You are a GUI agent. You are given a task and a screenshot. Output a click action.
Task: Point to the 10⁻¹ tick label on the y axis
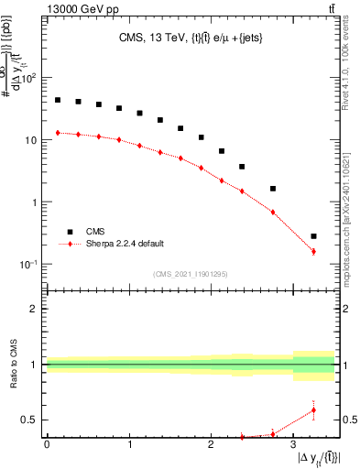(x=30, y=265)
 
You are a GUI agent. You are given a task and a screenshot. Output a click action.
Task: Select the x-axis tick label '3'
(x=294, y=444)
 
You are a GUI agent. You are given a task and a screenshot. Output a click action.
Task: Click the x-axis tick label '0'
(x=47, y=444)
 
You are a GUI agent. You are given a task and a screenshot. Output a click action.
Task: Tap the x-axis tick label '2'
(x=212, y=444)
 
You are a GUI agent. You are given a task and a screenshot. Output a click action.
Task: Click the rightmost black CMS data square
(x=313, y=236)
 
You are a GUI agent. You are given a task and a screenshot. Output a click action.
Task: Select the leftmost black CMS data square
(x=58, y=100)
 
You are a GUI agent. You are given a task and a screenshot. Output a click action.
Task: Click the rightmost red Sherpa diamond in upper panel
(x=313, y=251)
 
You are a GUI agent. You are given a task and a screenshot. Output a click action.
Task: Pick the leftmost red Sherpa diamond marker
(x=58, y=133)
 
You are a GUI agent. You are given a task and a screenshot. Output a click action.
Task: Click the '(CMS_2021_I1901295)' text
(x=191, y=274)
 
